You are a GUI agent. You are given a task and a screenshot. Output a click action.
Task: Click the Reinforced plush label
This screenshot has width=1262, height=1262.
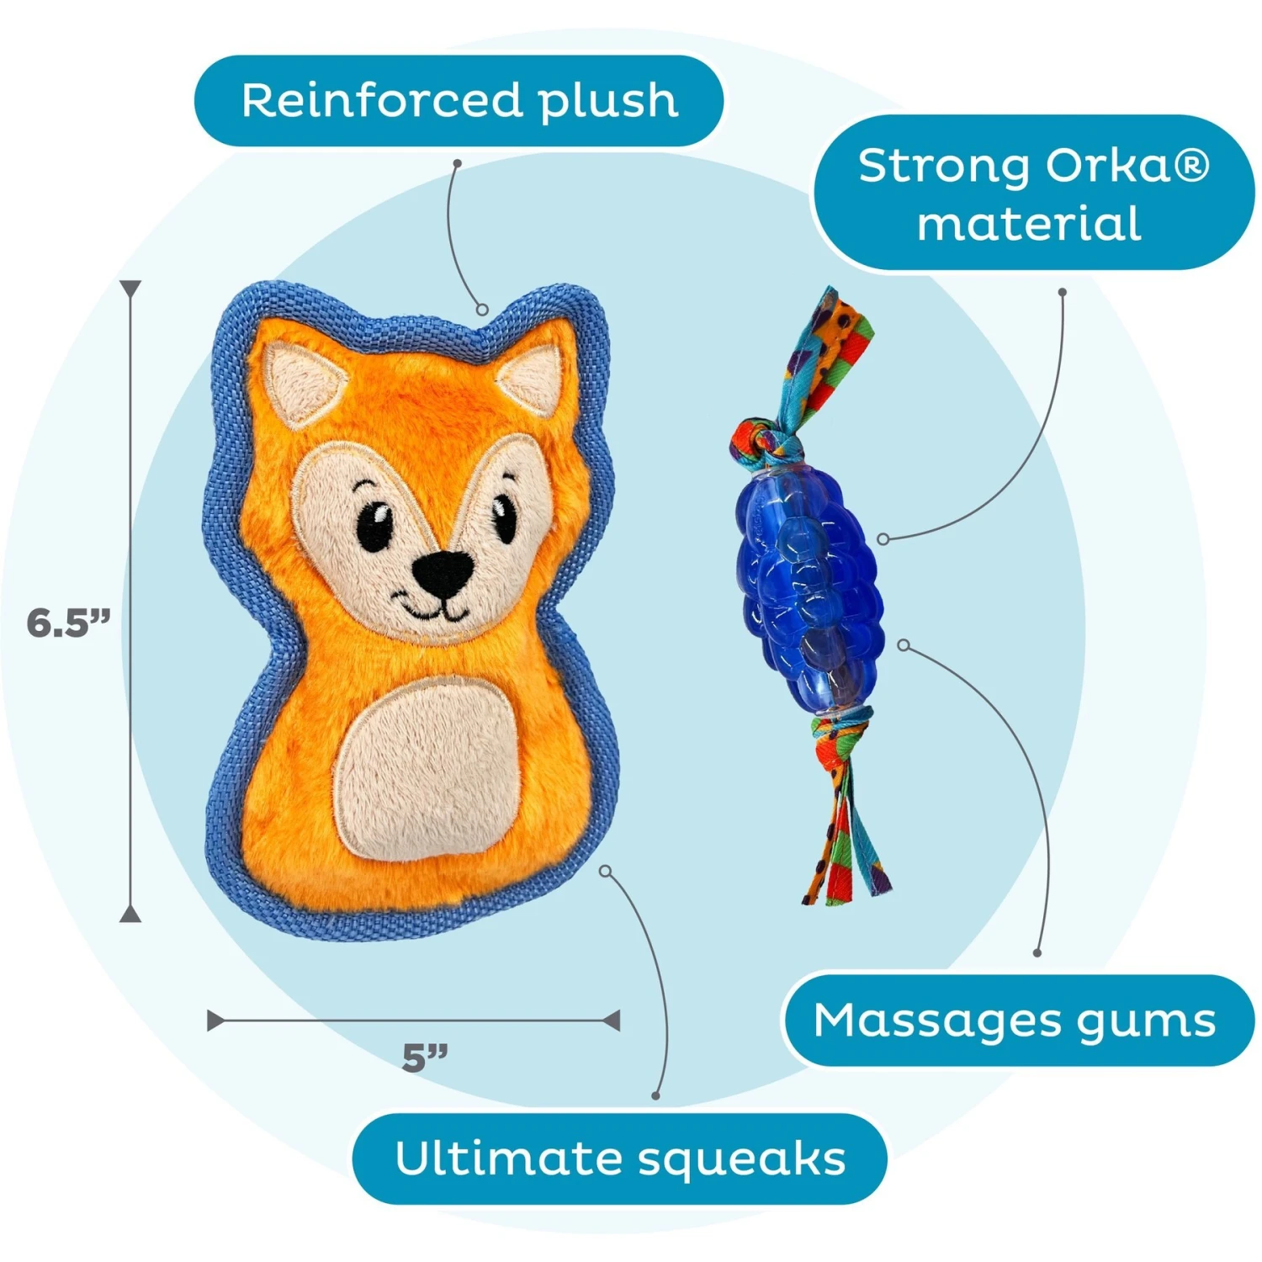pyautogui.click(x=459, y=101)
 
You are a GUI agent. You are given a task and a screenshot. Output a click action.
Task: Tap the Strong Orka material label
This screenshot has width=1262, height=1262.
pyautogui.click(x=1032, y=194)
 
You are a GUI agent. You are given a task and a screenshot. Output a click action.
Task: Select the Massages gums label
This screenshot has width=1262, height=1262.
pyautogui.click(x=1015, y=1021)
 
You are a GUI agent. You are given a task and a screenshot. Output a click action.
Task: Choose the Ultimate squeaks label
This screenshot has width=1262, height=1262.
pyautogui.click(x=620, y=1158)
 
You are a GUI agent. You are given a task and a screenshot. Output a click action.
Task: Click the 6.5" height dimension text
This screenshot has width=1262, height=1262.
pyautogui.click(x=68, y=623)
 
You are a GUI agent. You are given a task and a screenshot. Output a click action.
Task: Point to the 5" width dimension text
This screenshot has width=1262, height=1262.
pyautogui.click(x=425, y=1058)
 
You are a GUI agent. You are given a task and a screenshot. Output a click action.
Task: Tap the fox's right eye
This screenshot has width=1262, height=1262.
pyautogui.click(x=504, y=515)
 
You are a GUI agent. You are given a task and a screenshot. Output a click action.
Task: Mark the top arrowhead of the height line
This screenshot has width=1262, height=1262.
pyautogui.click(x=130, y=289)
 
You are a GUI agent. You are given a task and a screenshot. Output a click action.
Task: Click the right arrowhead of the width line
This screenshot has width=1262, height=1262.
pyautogui.click(x=612, y=1021)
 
